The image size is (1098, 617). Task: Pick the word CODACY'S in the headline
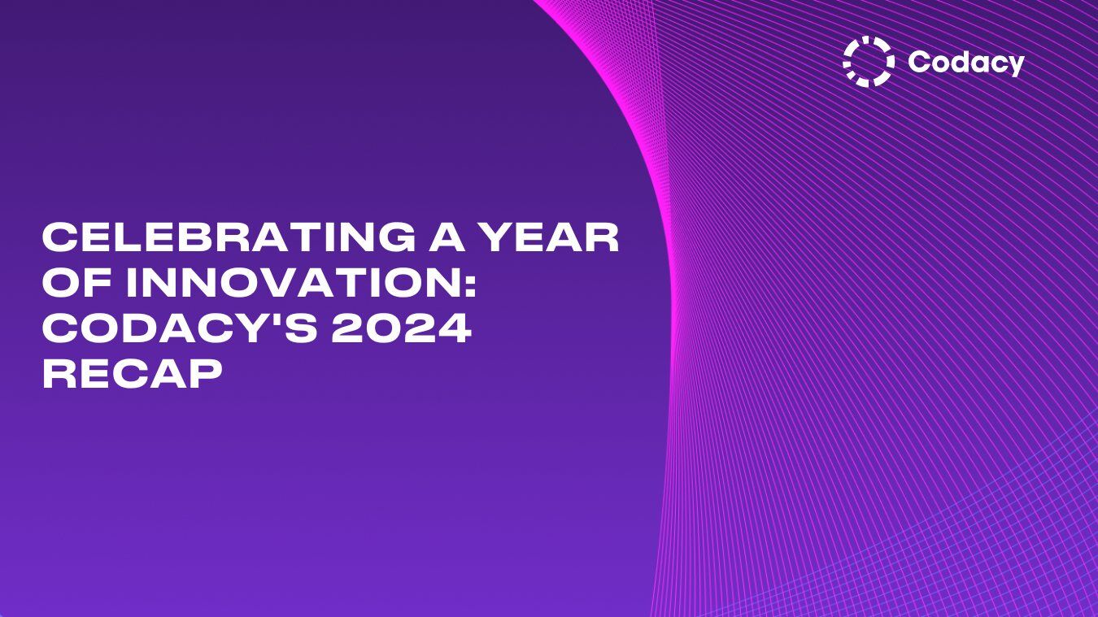[x=163, y=328]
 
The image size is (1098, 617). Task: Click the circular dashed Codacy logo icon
[x=868, y=62]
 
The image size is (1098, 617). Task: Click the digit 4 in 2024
[x=454, y=328]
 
